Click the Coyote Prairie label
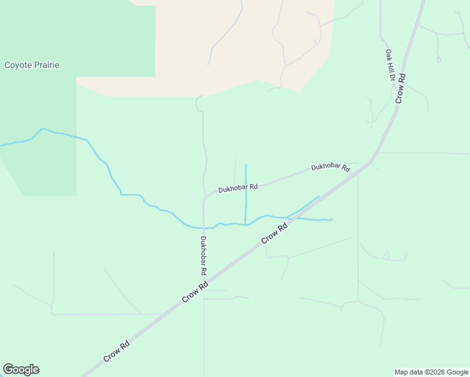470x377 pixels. point(32,65)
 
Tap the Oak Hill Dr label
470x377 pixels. point(390,66)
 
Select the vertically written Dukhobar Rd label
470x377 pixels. point(203,256)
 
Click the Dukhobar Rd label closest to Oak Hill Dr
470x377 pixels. point(330,168)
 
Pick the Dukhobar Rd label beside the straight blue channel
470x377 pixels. point(238,187)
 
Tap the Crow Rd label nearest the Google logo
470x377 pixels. point(117,351)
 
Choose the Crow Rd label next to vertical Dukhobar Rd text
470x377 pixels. point(195,293)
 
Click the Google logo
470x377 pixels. point(21,369)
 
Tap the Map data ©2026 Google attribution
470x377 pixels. point(431,372)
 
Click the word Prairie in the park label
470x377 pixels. point(46,65)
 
